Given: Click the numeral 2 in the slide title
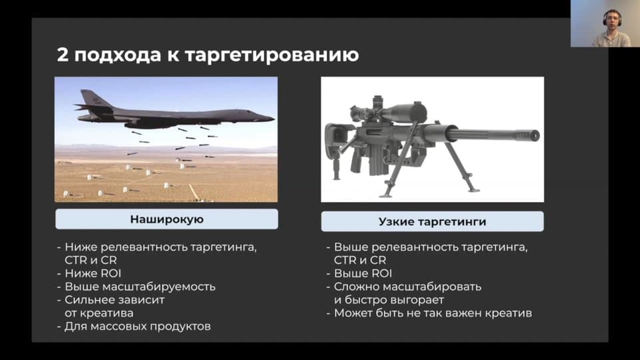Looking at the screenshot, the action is coord(63,55).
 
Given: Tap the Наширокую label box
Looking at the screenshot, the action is coord(167,219).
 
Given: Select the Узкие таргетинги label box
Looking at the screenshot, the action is coord(432,221).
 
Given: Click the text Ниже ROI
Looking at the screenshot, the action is coord(93,273).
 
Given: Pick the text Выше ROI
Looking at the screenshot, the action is coord(363,273).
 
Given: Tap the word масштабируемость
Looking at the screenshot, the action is coord(159,287).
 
